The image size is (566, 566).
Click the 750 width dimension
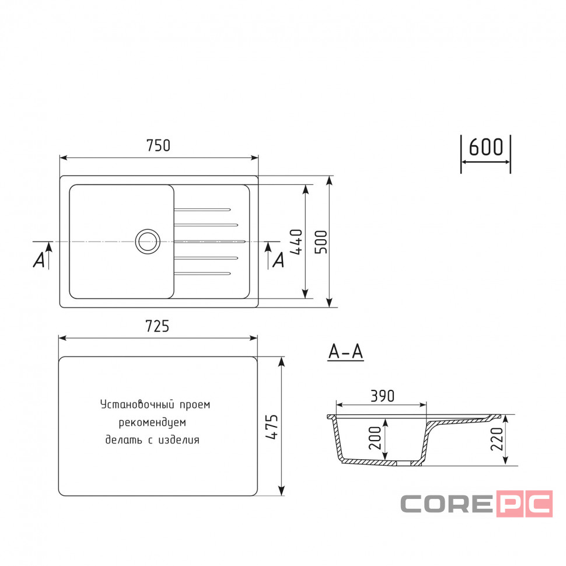[158, 145]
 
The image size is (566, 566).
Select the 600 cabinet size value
[485, 147]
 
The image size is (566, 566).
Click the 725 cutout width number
[157, 326]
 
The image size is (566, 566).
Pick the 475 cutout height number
[271, 427]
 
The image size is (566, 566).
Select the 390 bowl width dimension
[382, 396]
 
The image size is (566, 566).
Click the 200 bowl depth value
[375, 438]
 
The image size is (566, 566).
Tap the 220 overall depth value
[497, 439]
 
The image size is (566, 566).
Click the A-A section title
[345, 351]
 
